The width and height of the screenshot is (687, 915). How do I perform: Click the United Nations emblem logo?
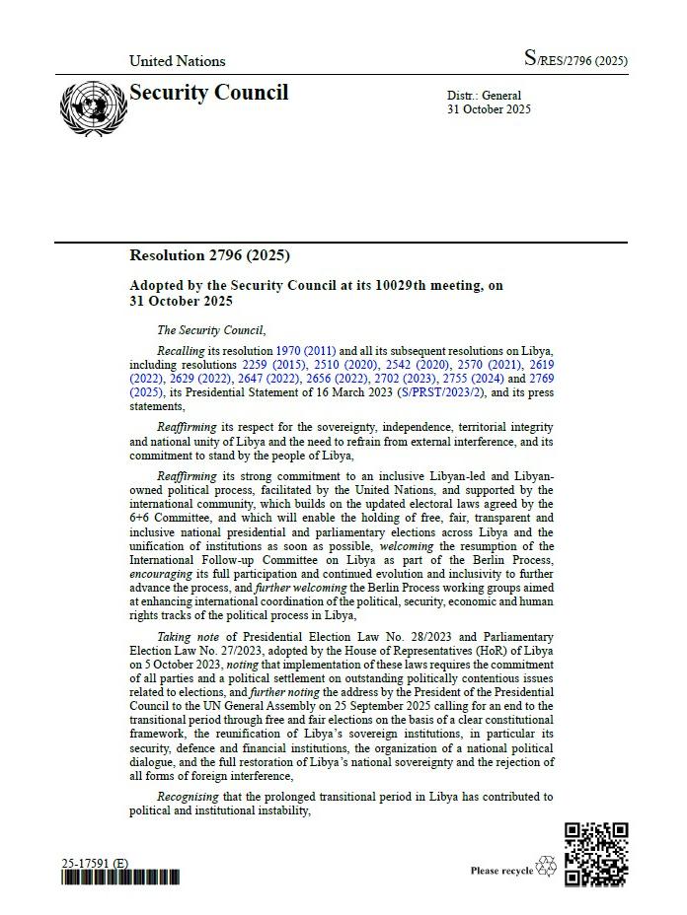pyautogui.click(x=93, y=108)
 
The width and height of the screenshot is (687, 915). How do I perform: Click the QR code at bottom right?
pyautogui.click(x=596, y=854)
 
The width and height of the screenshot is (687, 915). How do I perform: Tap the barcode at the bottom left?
pyautogui.click(x=120, y=878)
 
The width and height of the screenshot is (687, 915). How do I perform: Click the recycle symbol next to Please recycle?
pyautogui.click(x=546, y=868)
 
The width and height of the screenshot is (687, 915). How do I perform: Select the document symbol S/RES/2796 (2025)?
pyautogui.click(x=575, y=60)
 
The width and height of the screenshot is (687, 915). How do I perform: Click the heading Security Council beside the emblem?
pyautogui.click(x=209, y=93)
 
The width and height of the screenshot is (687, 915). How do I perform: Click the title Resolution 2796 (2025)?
pyautogui.click(x=209, y=255)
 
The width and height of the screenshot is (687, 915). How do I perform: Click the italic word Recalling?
pyautogui.click(x=182, y=351)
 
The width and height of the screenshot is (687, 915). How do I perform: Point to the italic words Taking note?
pyautogui.click(x=188, y=637)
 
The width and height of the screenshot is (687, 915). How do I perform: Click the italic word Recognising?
pyautogui.click(x=191, y=796)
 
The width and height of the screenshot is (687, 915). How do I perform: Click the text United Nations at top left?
pyautogui.click(x=177, y=61)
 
